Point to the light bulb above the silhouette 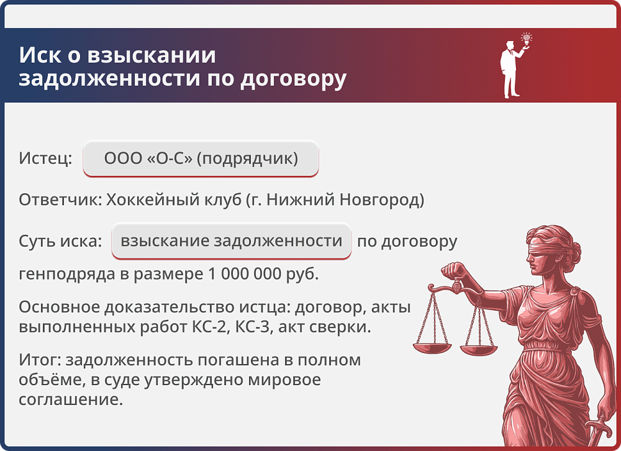tap(527, 38)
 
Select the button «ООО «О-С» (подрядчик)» tap(201, 158)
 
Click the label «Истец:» tap(45, 158)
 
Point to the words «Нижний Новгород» tap(359, 200)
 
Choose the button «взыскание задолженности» tap(232, 241)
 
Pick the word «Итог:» tap(40, 360)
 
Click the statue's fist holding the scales tap(454, 272)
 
